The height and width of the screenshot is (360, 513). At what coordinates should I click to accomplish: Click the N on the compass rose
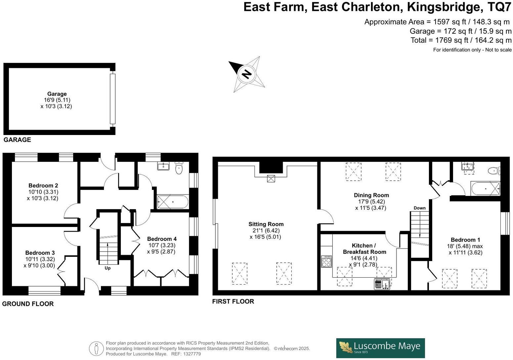pyautogui.click(x=247, y=74)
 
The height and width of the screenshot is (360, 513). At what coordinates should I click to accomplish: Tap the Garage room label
pyautogui.click(x=57, y=94)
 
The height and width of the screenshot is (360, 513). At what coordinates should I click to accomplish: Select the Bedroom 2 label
pyautogui.click(x=43, y=186)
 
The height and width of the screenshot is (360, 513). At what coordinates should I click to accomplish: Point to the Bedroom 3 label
pyautogui.click(x=40, y=252)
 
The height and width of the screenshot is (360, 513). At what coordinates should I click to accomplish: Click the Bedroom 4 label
pyautogui.click(x=162, y=239)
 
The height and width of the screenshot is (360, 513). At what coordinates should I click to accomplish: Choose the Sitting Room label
pyautogui.click(x=266, y=224)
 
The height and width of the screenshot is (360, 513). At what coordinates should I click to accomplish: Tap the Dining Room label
pyautogui.click(x=371, y=195)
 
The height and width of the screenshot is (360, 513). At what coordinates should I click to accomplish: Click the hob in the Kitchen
pyautogui.click(x=326, y=261)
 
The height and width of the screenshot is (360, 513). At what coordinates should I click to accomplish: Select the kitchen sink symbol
pyautogui.click(x=382, y=284)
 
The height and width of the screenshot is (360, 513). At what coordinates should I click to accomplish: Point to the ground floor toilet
pyautogui.click(x=179, y=168)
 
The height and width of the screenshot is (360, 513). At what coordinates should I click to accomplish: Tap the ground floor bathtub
pyautogui.click(x=173, y=202)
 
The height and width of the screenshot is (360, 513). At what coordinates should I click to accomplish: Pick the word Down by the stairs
pyautogui.click(x=420, y=208)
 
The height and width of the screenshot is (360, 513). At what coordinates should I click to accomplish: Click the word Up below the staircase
pyautogui.click(x=108, y=268)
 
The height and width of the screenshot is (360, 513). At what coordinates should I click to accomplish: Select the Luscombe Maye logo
pyautogui.click(x=380, y=348)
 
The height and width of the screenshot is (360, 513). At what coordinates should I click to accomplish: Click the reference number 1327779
pyautogui.click(x=192, y=354)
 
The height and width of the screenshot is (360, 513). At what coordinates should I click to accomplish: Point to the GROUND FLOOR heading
pyautogui.click(x=28, y=304)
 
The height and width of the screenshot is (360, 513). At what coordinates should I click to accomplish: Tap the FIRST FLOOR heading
pyautogui.click(x=233, y=301)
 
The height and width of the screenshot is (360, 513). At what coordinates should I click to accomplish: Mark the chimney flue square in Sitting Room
pyautogui.click(x=271, y=179)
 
